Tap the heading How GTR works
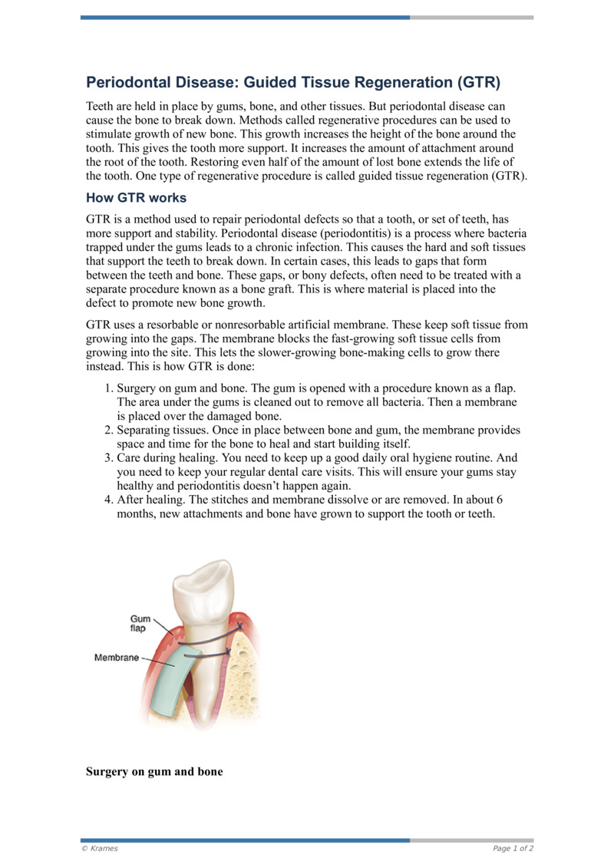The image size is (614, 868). (136, 197)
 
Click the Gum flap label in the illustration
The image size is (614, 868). (138, 622)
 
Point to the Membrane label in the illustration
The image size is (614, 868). (117, 658)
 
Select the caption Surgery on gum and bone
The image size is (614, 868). (154, 771)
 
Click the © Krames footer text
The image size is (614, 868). (99, 849)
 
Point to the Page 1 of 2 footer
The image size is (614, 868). (513, 849)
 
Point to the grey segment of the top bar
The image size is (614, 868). (471, 17)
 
